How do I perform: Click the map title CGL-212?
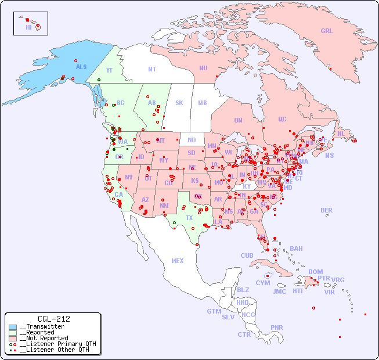[x=53, y=319]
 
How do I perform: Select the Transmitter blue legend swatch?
[x=13, y=327]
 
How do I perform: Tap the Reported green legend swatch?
[x=13, y=333]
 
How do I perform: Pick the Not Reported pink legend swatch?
[x=13, y=338]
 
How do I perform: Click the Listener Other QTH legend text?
[x=54, y=350]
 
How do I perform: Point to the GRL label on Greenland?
[x=327, y=31]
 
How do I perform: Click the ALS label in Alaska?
[x=81, y=67]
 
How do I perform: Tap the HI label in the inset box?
[x=28, y=27]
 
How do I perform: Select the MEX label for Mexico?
[x=178, y=261]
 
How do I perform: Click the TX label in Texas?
[x=189, y=218]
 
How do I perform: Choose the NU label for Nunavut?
[x=203, y=68]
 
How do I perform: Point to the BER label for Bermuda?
[x=327, y=210]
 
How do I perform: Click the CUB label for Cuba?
[x=247, y=255]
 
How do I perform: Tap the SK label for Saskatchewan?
[x=179, y=103]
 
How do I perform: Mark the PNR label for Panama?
[x=277, y=327]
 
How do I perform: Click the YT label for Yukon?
[x=109, y=70]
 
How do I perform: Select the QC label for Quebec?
[x=282, y=120]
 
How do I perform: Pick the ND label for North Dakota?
[x=192, y=140]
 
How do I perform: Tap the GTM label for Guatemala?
[x=214, y=311]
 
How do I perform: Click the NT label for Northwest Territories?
[x=152, y=69]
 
